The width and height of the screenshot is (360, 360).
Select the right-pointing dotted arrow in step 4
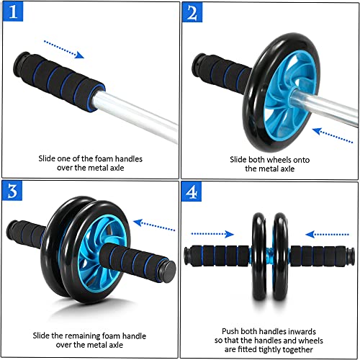click(x=212, y=234)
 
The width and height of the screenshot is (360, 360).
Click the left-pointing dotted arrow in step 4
click(x=328, y=234)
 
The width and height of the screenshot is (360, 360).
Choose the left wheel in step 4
click(x=258, y=256)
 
